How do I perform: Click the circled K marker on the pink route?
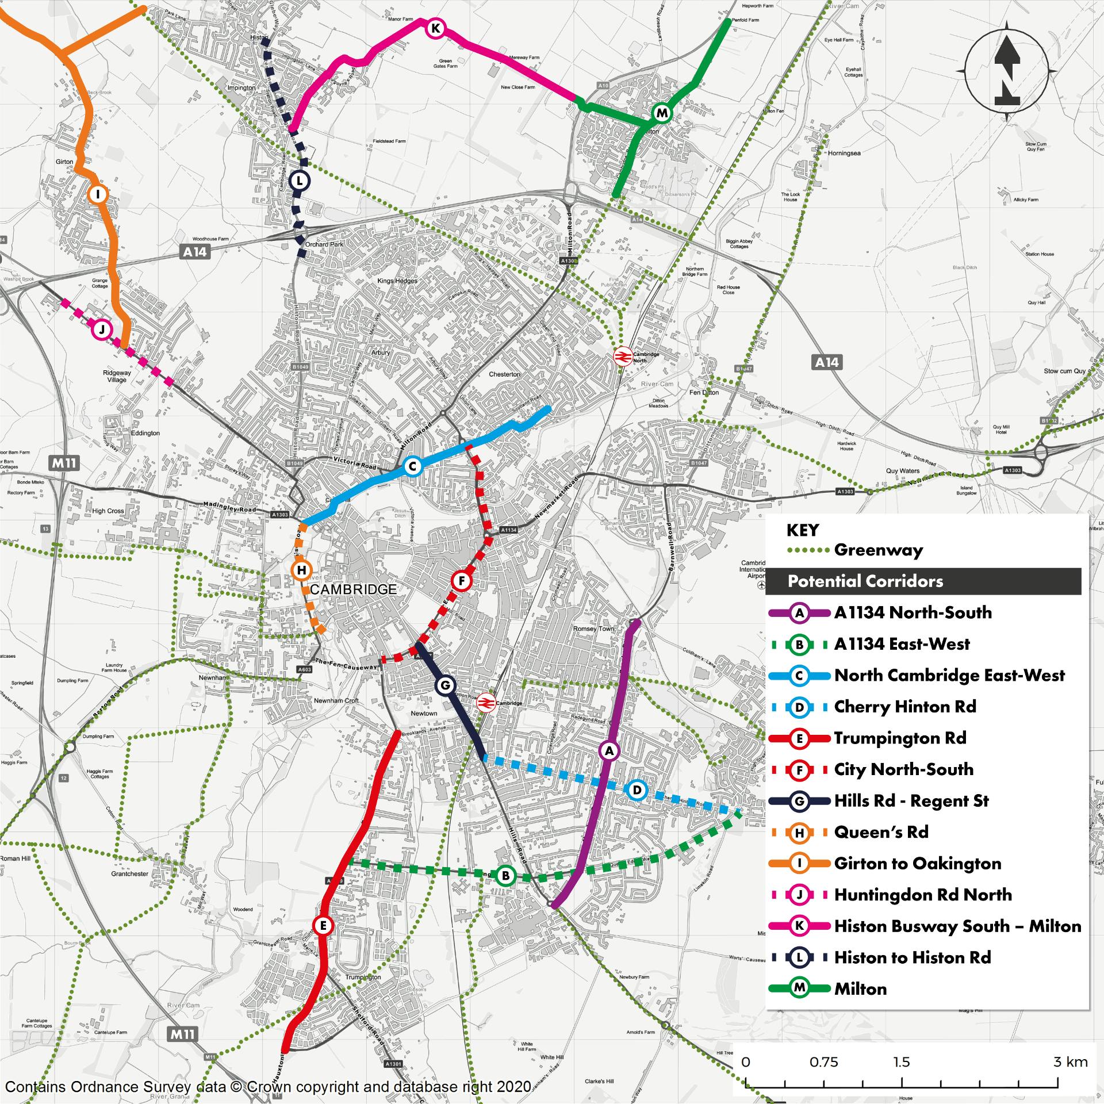tap(435, 28)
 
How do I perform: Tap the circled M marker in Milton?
tap(662, 113)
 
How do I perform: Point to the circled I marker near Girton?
tap(98, 194)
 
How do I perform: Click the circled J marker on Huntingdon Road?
tap(101, 329)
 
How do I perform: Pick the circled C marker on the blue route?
tap(412, 466)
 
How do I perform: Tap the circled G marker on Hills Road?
tap(444, 685)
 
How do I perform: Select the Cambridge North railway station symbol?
tap(622, 356)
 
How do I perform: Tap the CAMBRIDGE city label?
tap(353, 589)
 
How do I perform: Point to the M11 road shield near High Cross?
tap(64, 463)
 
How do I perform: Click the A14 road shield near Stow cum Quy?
tap(827, 362)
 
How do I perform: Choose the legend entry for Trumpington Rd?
tap(900, 738)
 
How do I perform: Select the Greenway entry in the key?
tap(878, 550)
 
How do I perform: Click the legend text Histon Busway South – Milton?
tap(957, 926)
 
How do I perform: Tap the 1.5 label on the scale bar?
tap(902, 1062)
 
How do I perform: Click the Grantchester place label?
tap(130, 873)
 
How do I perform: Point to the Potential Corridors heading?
tap(865, 581)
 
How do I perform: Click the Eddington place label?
tap(145, 433)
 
